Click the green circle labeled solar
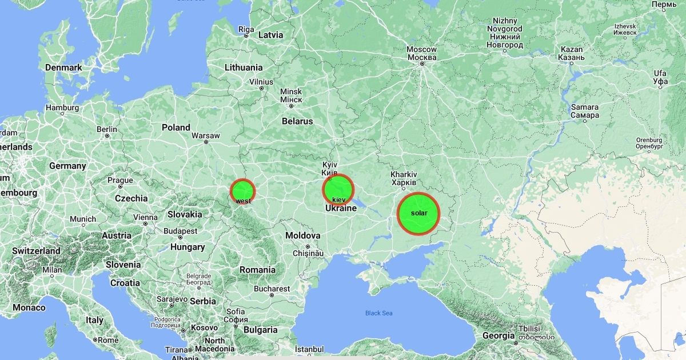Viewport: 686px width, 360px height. coord(418,214)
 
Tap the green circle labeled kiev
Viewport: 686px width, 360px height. coord(338,190)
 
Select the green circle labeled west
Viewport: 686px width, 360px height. coord(242,191)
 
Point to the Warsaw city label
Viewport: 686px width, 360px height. coord(205,135)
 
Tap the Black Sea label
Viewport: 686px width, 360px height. coord(379,313)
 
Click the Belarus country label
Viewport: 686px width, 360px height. coord(297,121)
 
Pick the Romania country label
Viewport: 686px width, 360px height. coord(257,270)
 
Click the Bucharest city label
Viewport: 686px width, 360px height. coord(272,289)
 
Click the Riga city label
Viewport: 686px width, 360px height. coord(246,29)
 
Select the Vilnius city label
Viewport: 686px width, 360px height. coord(261,82)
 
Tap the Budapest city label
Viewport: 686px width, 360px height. coord(180,231)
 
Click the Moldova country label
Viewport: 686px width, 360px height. coord(303,235)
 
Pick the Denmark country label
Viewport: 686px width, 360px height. coord(63,67)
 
